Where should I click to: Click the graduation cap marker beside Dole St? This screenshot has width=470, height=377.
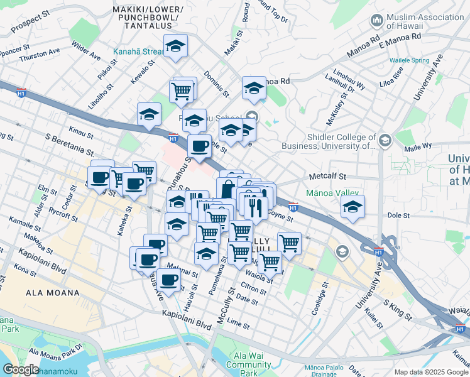[x=353, y=207]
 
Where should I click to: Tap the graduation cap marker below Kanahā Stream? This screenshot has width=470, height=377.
[x=176, y=46]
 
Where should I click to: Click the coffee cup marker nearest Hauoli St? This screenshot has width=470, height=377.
[x=168, y=280]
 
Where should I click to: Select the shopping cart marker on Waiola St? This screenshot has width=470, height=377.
[x=270, y=261]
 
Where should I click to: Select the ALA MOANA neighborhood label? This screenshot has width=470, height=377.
[x=53, y=293]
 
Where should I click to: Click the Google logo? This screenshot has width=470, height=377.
[x=21, y=369]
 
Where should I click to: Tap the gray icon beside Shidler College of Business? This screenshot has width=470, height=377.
[x=385, y=139]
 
